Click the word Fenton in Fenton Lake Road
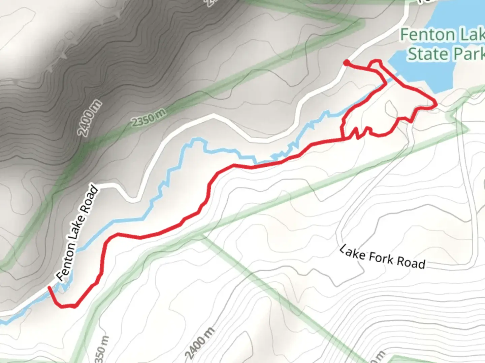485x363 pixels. coord(66,262)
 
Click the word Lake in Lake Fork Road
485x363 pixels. coord(352,252)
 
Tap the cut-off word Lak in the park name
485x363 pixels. coord(472,35)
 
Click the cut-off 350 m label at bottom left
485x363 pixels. coord(103,350)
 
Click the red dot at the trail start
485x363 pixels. coord(346,62)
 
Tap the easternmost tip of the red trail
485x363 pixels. coord(436,105)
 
